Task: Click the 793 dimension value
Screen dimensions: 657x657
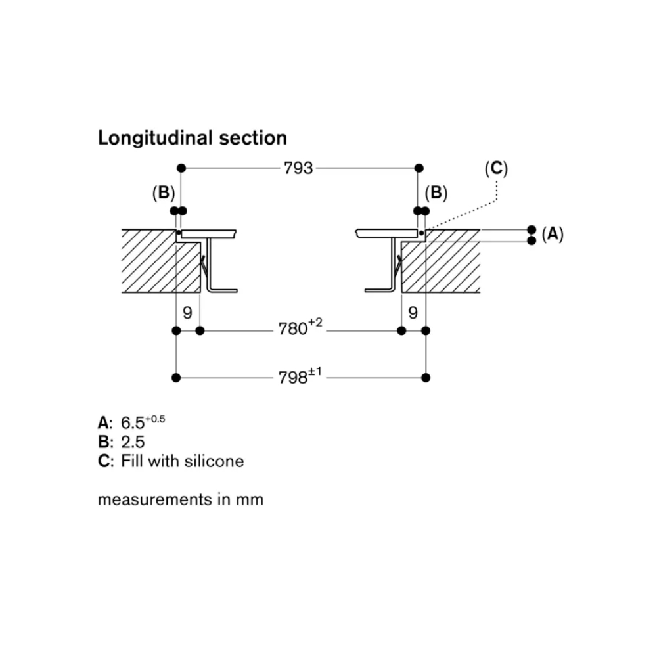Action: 298,168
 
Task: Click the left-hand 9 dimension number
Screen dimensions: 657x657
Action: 187,313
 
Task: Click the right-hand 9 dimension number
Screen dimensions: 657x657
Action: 413,313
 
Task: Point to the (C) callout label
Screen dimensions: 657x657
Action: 496,169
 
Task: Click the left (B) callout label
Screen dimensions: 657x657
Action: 163,193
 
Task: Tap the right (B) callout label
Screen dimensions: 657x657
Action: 436,193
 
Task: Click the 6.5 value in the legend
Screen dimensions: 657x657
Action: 133,422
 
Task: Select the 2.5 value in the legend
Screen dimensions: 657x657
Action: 132,442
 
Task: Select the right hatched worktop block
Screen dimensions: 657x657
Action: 447,266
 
